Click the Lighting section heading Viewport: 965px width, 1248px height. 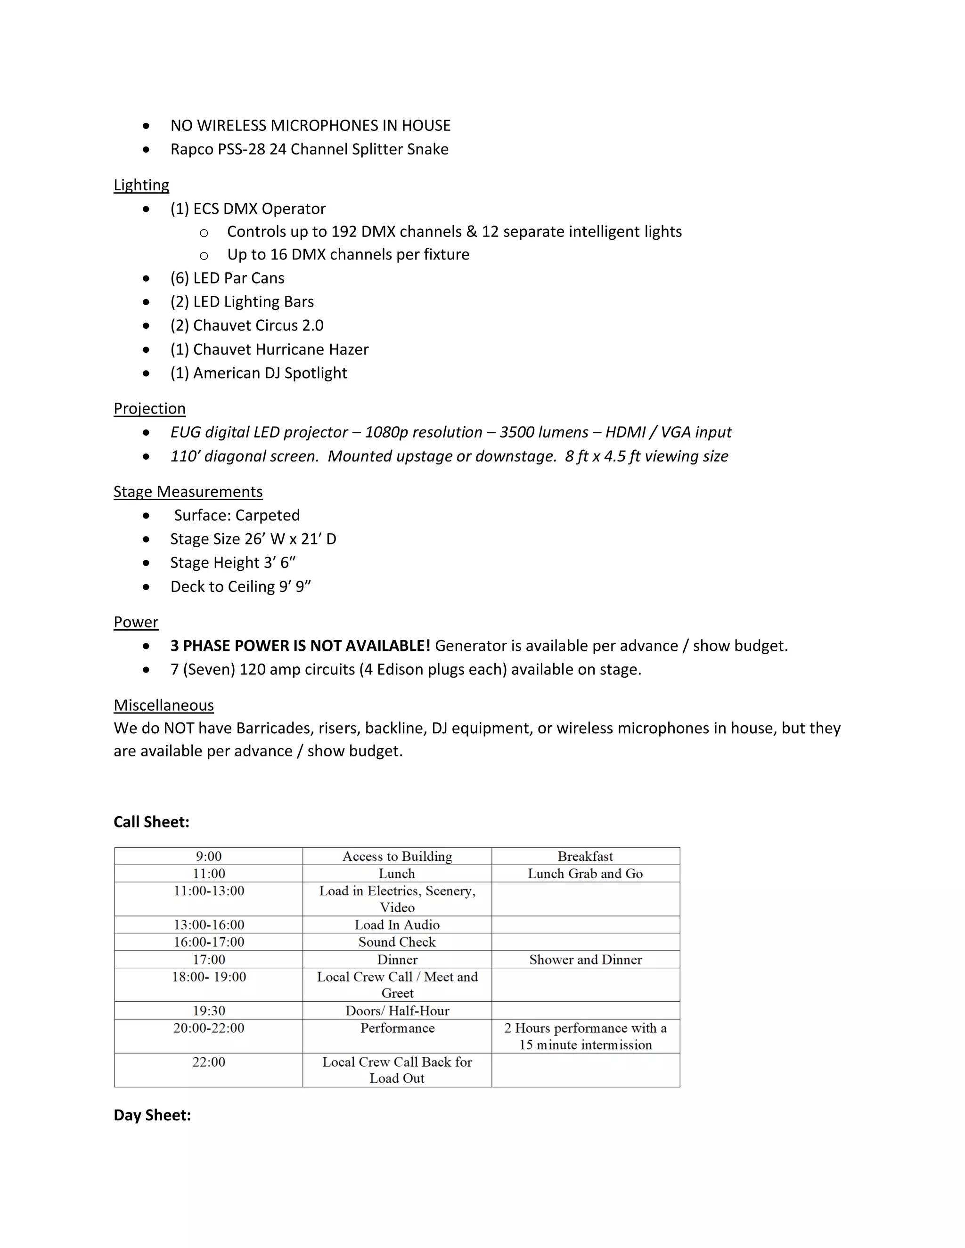pos(141,185)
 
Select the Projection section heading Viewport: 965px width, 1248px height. pos(149,409)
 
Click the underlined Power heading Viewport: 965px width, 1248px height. pos(136,622)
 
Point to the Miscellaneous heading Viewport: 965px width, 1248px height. pos(164,705)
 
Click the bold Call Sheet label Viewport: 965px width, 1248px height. pos(151,822)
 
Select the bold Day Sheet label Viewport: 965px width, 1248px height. pos(152,1115)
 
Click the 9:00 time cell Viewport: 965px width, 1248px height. pos(209,856)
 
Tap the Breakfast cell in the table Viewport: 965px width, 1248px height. pos(585,856)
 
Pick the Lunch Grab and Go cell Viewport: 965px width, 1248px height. pos(585,873)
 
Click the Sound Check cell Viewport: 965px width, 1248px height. pos(397,942)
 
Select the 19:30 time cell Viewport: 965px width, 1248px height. pos(209,1010)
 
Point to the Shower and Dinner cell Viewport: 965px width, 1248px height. pos(585,959)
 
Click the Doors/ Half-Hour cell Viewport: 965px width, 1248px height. pos(397,1010)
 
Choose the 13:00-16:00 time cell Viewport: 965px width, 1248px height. pos(209,924)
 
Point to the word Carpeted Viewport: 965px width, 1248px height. pos(268,515)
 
